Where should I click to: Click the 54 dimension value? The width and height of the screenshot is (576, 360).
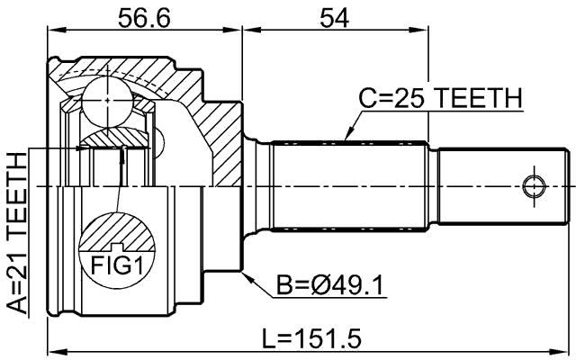click(335, 17)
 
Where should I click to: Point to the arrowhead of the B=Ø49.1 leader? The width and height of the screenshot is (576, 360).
click(245, 275)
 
